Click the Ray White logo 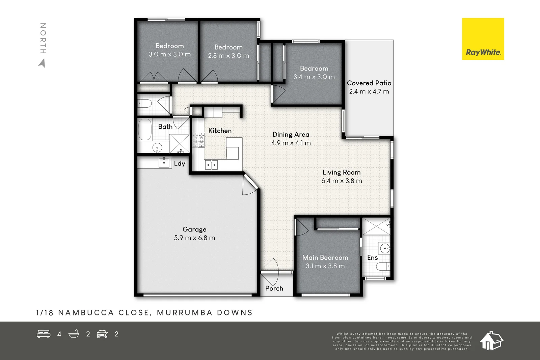483,39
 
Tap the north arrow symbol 42,63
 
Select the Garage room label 194,229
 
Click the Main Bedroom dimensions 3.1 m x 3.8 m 325,266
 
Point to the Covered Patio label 369,83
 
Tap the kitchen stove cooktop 198,140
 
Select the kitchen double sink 211,165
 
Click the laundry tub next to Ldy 164,163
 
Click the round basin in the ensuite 384,249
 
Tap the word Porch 274,288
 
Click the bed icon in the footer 44,334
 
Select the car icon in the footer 102,334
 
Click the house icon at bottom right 491,340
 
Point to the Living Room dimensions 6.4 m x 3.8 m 342,181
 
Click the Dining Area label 291,134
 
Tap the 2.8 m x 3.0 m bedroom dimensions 228,56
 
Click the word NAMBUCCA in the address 86,313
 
